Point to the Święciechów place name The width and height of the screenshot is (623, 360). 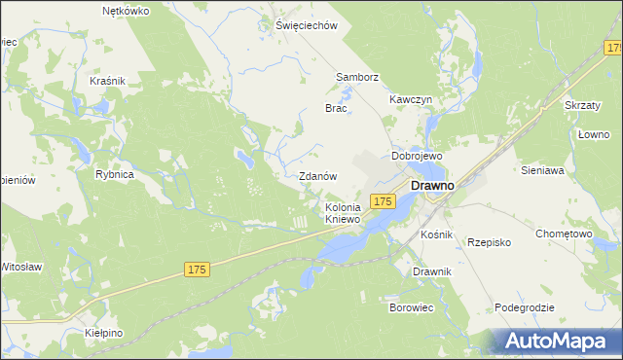[305, 26]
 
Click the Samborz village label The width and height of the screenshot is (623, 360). [356, 77]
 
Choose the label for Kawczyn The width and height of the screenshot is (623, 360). [410, 100]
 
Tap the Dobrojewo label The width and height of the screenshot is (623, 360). [417, 156]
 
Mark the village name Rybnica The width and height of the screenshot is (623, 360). [114, 174]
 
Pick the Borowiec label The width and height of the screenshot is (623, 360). [411, 307]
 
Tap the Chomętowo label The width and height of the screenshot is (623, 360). [565, 234]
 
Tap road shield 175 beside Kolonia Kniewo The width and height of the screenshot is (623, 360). [383, 200]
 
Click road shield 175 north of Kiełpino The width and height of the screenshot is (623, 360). [197, 266]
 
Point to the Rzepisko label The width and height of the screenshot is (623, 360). [491, 242]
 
